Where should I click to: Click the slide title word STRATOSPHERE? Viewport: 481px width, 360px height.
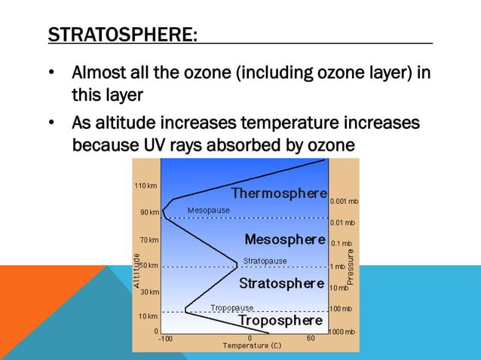tap(121, 35)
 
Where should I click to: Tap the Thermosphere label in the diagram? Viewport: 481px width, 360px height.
tap(279, 194)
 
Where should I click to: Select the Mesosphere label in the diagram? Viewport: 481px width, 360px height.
tap(284, 239)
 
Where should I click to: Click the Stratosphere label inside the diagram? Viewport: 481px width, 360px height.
tap(281, 283)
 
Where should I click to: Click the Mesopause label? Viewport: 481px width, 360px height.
tap(208, 210)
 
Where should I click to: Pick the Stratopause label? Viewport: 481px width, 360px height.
tap(265, 261)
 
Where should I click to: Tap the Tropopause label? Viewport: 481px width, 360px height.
tap(231, 307)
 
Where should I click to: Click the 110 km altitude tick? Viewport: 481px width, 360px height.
tap(146, 185)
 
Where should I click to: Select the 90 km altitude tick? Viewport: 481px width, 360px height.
tap(149, 212)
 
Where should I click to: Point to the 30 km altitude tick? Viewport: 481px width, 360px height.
tap(149, 291)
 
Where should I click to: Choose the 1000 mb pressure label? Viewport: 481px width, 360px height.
tap(344, 332)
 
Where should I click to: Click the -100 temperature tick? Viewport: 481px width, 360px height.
tap(165, 339)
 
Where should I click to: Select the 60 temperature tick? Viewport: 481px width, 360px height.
tap(311, 339)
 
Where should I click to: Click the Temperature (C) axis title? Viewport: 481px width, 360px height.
tap(251, 346)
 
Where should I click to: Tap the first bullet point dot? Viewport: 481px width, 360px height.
tap(51, 75)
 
